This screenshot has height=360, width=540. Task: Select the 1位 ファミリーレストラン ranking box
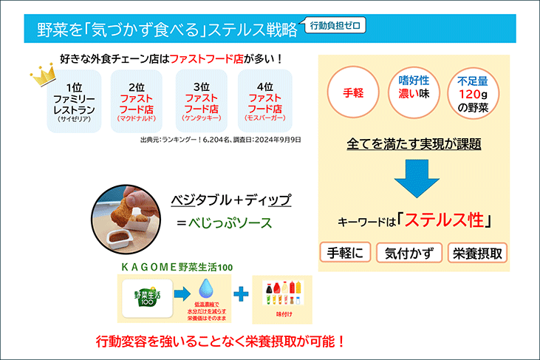tap(74, 103)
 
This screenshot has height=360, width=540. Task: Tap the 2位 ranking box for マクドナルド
tap(136, 103)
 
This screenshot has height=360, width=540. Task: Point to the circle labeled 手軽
tap(349, 95)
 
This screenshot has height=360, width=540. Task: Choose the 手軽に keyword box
tap(346, 252)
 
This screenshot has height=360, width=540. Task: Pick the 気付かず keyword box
tap(409, 252)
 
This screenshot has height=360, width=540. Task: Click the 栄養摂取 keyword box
tap(476, 252)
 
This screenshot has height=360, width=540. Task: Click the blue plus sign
tap(240, 294)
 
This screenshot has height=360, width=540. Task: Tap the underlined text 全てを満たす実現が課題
tap(414, 143)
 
